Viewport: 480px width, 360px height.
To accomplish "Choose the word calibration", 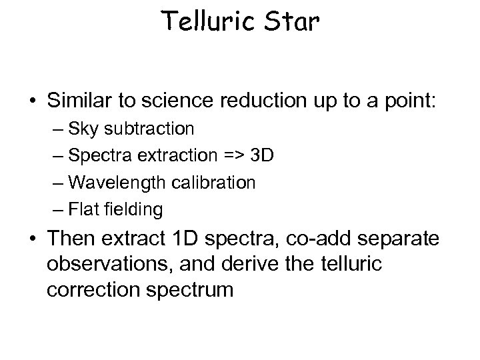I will pos(215,182).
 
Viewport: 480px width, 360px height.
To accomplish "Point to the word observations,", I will pos(111,265).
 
